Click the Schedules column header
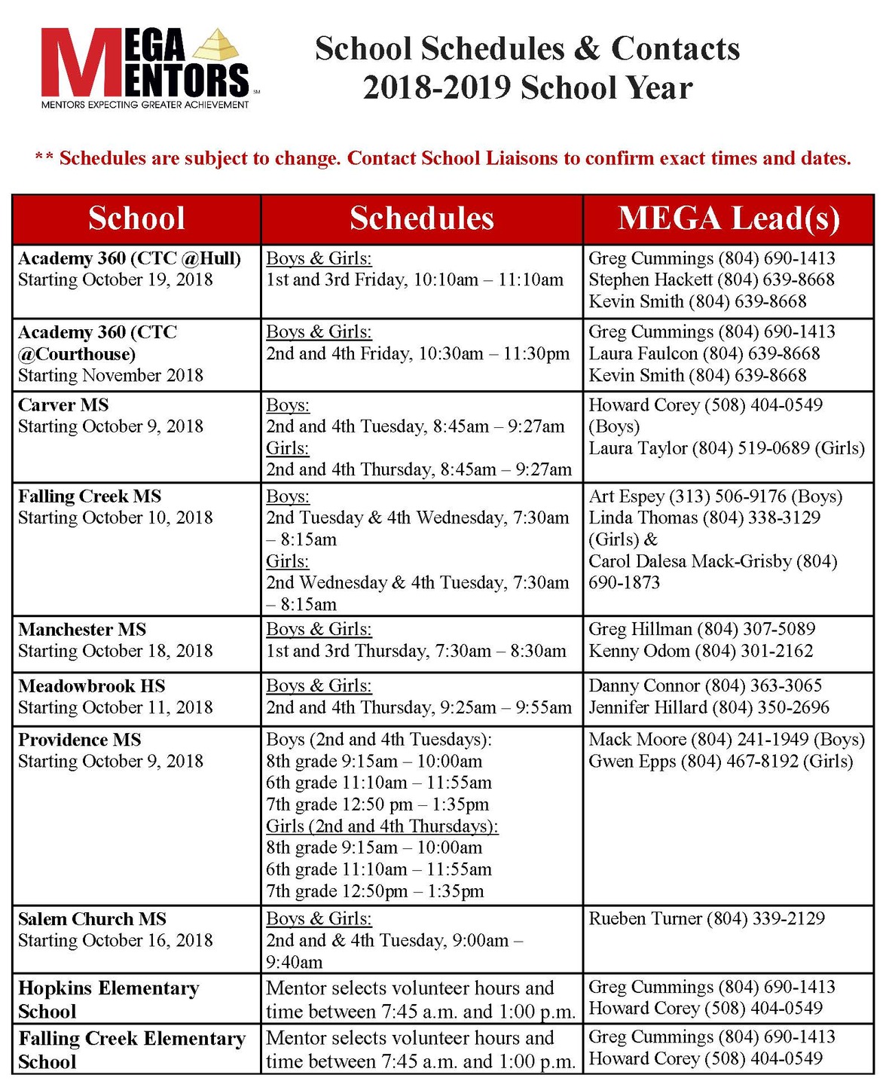pos(421,218)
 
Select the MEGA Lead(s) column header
pos(729,218)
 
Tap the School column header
pos(136,218)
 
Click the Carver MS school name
pos(63,405)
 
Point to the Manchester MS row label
pos(82,630)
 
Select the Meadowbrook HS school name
pos(91,686)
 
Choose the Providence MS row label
pos(79,740)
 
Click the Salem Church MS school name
pos(92,919)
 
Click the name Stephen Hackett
pos(649,280)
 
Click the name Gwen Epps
pos(631,762)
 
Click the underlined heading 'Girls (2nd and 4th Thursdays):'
pos(382,826)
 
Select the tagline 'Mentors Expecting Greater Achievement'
pos(145,105)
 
